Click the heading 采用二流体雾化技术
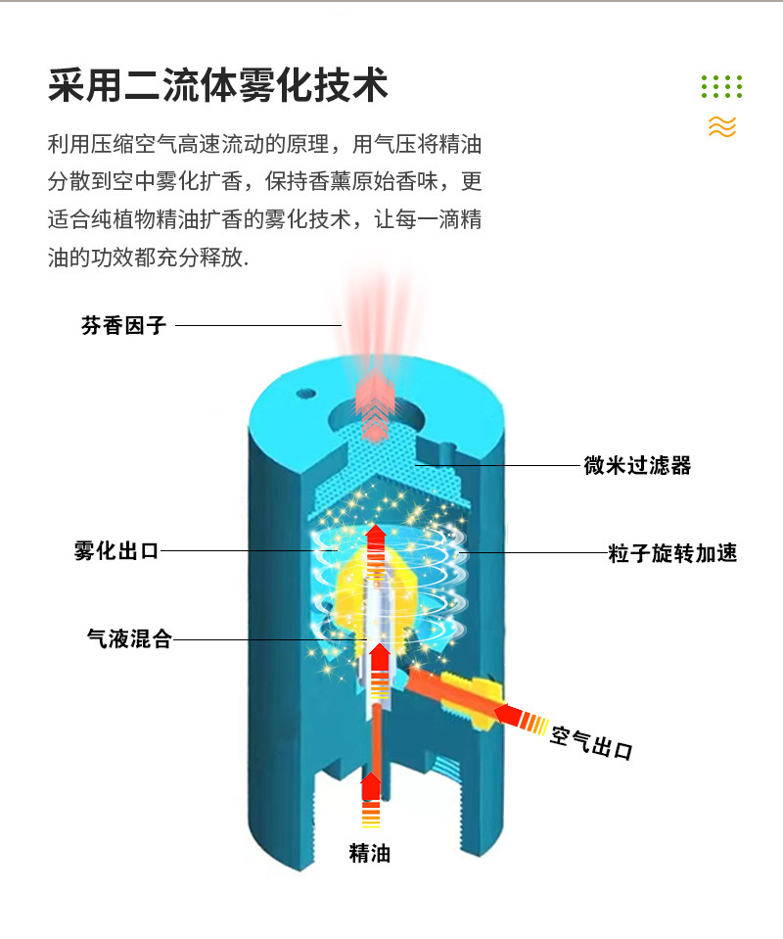(x=218, y=86)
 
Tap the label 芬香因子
(x=123, y=326)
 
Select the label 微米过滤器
(x=637, y=466)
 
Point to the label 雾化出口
(x=116, y=550)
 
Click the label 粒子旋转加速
(x=671, y=554)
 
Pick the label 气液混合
(x=129, y=640)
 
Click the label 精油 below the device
(x=370, y=854)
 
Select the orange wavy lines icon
(x=722, y=126)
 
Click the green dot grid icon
(x=722, y=86)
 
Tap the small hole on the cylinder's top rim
(x=307, y=395)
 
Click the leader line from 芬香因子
(x=258, y=325)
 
